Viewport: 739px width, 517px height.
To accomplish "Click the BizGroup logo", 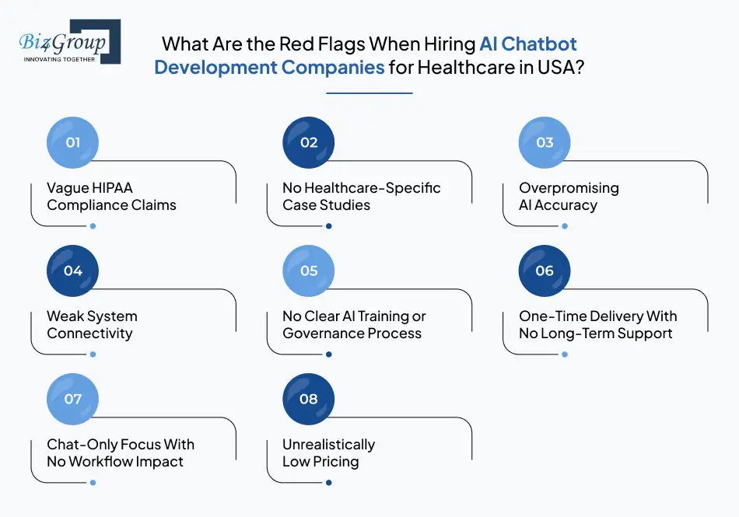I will point(68,42).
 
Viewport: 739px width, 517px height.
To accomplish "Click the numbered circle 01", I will point(73,142).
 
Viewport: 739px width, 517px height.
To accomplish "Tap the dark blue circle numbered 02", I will point(309,142).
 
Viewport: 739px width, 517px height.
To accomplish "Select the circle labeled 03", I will point(545,142).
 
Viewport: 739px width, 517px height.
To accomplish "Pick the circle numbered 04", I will point(73,271).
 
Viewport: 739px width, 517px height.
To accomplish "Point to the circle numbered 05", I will point(309,271).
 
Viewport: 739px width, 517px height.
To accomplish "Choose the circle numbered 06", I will point(545,271).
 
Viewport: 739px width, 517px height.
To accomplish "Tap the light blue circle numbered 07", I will point(73,399).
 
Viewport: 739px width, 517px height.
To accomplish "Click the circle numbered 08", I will point(309,399).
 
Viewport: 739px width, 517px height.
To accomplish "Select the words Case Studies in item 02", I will point(327,205).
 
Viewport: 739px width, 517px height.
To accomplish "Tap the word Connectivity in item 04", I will point(89,334).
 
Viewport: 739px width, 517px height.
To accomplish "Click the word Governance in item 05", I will point(320,334).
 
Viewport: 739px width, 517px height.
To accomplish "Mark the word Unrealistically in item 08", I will point(328,445).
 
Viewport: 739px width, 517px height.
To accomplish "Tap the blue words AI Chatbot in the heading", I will point(528,44).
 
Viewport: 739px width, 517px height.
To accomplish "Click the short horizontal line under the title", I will point(369,93).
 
